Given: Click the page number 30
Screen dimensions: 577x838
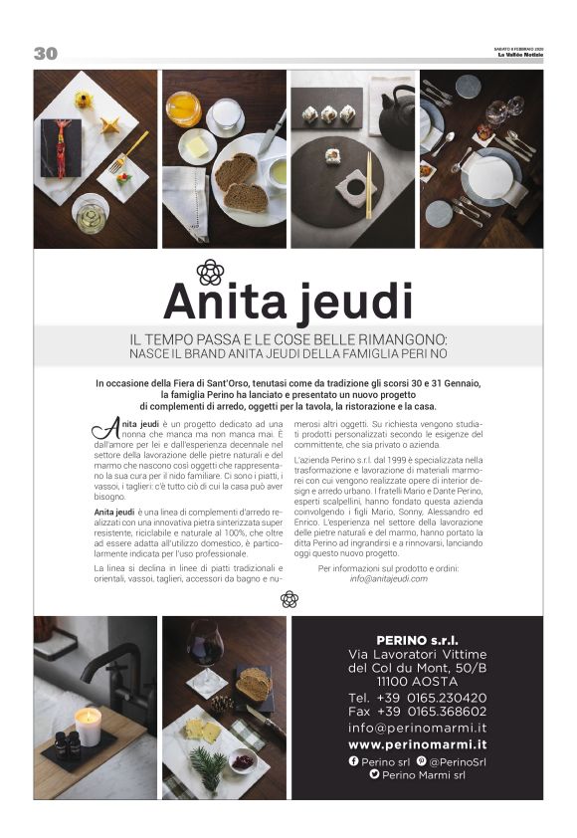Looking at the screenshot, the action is pyautogui.click(x=45, y=54).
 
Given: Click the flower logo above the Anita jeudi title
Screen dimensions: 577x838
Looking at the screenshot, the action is pyautogui.click(x=210, y=272).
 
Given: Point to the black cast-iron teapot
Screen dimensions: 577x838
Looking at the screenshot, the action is pyautogui.click(x=395, y=115).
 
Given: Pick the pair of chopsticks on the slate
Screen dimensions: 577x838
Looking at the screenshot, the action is pyautogui.click(x=369, y=184).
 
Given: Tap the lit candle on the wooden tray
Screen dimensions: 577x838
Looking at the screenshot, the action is pyautogui.click(x=89, y=726).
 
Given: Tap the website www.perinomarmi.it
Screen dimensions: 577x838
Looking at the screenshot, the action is pyautogui.click(x=417, y=743).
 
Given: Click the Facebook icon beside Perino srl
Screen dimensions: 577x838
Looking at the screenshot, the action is pyautogui.click(x=353, y=760).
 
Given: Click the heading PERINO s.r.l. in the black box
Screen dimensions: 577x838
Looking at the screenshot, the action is pyautogui.click(x=417, y=638).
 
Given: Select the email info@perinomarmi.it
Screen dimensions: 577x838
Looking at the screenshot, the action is pyautogui.click(x=417, y=728).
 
